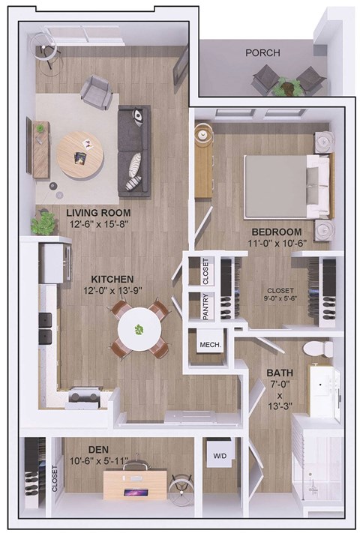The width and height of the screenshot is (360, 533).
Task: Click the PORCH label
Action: point(262,53)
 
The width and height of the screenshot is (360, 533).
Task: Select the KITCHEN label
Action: point(112,278)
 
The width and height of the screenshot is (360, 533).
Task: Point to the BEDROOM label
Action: point(276,232)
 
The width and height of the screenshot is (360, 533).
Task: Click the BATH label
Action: point(281,373)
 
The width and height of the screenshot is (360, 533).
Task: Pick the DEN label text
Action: point(98,450)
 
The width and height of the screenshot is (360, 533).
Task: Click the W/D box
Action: point(220,455)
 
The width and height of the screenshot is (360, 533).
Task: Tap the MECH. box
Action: point(208,345)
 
